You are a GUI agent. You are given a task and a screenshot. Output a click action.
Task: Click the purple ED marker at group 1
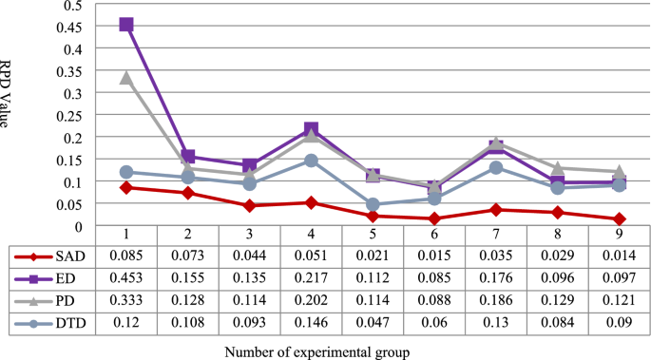tap(125, 25)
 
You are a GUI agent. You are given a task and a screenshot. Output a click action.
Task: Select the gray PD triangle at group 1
tap(125, 78)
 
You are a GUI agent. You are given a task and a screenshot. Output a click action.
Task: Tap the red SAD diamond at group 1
tap(125, 188)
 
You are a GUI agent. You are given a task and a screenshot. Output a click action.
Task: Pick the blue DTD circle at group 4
tap(311, 161)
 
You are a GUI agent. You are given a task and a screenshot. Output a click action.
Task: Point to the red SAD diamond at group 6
tap(433, 219)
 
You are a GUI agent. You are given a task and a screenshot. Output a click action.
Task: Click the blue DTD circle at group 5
tap(373, 204)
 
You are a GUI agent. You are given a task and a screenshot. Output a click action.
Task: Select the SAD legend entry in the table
tap(51, 256)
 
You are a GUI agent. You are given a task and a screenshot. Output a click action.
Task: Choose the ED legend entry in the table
tap(51, 279)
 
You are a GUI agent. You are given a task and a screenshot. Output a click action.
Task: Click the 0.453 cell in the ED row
tap(125, 279)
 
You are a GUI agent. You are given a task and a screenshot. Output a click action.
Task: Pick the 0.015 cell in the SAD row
tap(433, 256)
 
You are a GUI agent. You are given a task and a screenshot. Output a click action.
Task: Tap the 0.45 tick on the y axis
tap(72, 27)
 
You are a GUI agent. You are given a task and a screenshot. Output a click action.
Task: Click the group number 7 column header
tap(495, 235)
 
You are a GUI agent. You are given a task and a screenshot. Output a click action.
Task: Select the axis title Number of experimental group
tap(317, 352)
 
